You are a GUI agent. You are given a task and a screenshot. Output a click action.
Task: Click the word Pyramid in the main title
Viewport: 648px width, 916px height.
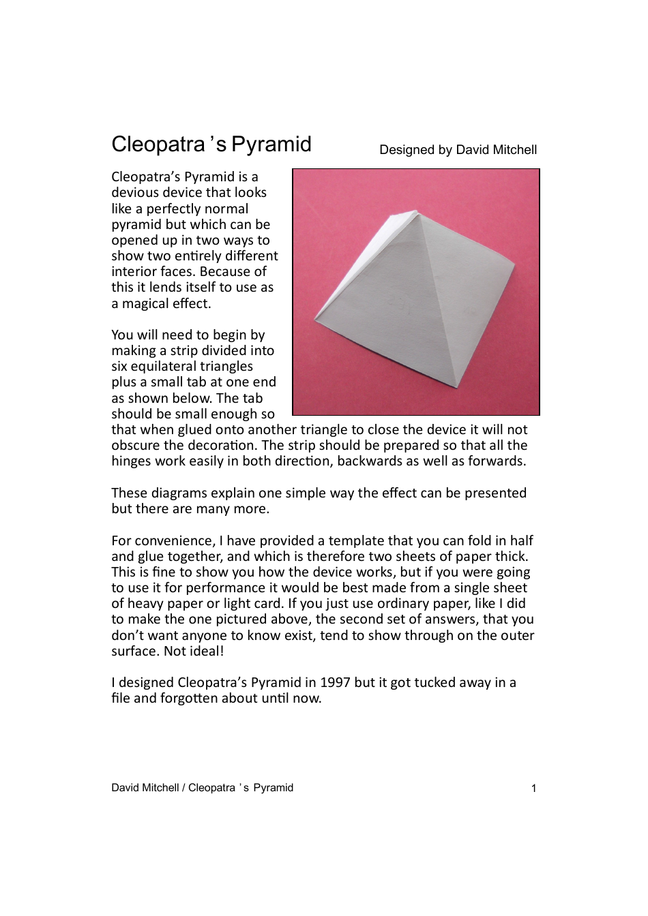[271, 144]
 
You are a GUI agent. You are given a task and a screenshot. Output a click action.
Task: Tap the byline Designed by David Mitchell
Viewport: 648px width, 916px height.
[458, 150]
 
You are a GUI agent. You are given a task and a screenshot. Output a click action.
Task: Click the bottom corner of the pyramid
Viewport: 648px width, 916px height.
[456, 387]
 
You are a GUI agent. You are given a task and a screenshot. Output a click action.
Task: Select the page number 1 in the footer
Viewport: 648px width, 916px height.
[533, 789]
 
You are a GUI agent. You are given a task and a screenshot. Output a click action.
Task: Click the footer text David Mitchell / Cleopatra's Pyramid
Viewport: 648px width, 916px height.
[202, 788]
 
